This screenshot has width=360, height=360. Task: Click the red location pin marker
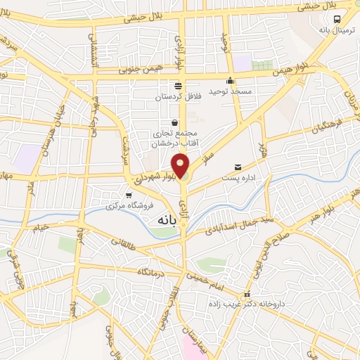click(181, 165)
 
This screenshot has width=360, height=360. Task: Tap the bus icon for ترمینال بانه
click(337, 20)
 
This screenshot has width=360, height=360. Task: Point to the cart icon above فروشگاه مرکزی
click(128, 195)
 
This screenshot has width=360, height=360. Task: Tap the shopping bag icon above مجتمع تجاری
click(174, 122)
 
